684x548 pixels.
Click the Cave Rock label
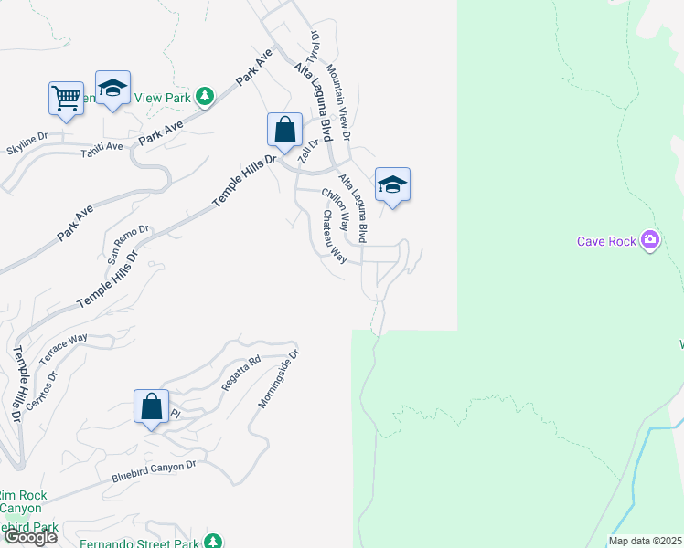point(608,241)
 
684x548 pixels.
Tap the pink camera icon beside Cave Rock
point(651,240)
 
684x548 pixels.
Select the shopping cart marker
point(66,99)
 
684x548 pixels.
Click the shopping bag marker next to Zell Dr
point(285,130)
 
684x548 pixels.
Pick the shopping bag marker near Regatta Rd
point(152,406)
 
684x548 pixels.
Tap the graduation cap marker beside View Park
point(112,89)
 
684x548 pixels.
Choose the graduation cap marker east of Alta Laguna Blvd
point(392,185)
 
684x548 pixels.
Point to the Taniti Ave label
point(102,146)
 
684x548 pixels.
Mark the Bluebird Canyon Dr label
point(154,470)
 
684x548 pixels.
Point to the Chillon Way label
point(336,210)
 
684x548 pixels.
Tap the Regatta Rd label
point(240,374)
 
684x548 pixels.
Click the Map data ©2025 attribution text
point(645,541)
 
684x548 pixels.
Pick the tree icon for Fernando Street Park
point(212,542)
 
